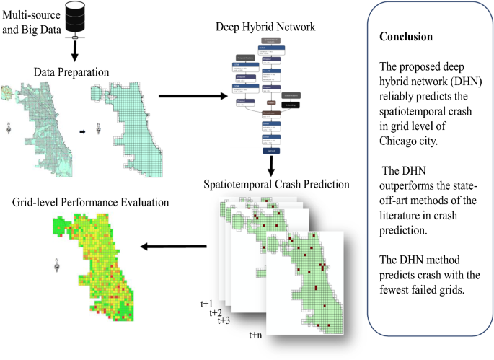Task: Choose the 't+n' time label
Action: pos(256,335)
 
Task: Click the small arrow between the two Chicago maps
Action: pos(81,132)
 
